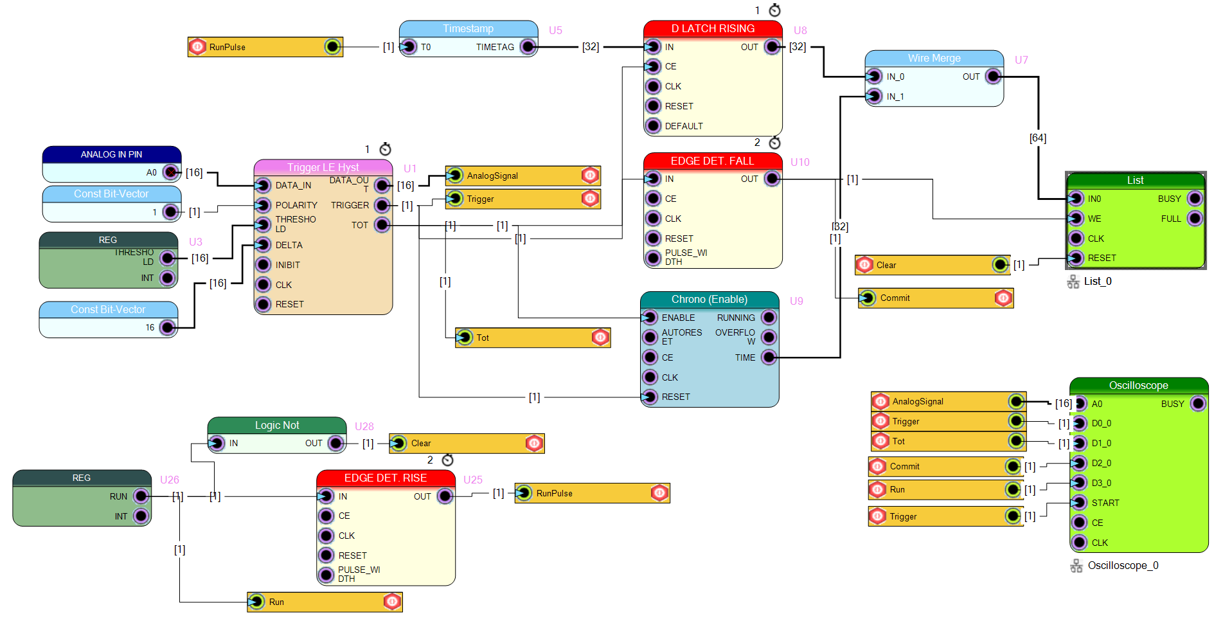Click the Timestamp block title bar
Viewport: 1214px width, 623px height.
pos(468,29)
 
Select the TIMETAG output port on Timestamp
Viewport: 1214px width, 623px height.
pos(528,47)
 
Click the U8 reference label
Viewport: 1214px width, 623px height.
pos(800,30)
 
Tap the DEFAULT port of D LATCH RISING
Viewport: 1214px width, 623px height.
pos(653,126)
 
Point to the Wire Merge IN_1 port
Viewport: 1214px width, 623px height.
pos(874,96)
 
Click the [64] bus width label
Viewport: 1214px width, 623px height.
pos(1038,138)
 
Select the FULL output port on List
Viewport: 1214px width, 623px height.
pos(1194,219)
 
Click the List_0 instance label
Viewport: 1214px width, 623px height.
pos(1098,281)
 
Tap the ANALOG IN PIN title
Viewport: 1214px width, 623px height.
pos(112,154)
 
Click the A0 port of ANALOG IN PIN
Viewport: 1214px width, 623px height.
pos(170,172)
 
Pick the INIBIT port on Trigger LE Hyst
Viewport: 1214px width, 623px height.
pos(263,265)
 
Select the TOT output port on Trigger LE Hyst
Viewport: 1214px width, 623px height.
pos(382,225)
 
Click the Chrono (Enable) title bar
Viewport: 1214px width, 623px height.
pos(710,300)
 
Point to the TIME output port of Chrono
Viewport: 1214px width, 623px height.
pos(769,357)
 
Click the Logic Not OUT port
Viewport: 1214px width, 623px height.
pos(335,443)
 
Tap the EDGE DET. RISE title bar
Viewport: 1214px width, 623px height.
pos(386,478)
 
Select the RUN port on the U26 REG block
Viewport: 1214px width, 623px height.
pos(141,496)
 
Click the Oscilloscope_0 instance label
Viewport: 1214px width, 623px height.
pos(1123,566)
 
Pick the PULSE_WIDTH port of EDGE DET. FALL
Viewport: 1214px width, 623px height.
pos(653,258)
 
